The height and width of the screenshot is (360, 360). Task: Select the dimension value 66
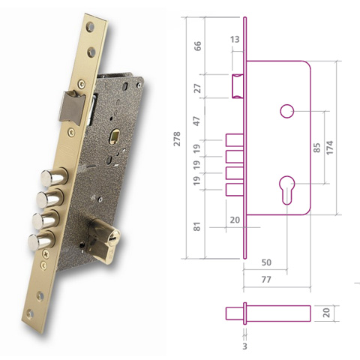tap(199, 46)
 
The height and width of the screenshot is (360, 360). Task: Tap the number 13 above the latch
tap(235, 40)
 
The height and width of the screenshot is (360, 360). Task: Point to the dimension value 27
tap(199, 88)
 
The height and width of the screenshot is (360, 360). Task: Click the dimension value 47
tap(199, 121)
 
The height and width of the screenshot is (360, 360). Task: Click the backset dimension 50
tap(266, 263)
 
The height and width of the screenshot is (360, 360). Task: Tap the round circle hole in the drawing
tap(286, 111)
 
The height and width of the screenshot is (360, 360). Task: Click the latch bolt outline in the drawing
tap(238, 84)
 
